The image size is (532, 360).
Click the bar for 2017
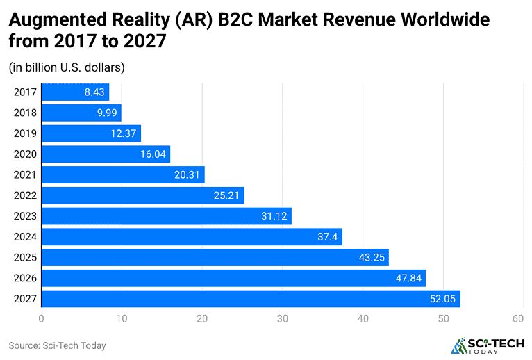pos(75,92)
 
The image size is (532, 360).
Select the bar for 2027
pos(250,299)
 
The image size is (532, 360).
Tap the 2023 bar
pos(166,216)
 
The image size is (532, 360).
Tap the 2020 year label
pos(24,154)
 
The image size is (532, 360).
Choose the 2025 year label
pos(24,258)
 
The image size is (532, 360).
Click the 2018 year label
pos(24,113)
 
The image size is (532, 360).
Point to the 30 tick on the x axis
pos(282,319)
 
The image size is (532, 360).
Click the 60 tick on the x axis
pos(517,319)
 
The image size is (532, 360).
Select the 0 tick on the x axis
pos(42,319)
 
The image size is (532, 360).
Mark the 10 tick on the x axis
pos(122,319)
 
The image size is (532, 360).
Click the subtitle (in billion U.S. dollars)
pos(67,67)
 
